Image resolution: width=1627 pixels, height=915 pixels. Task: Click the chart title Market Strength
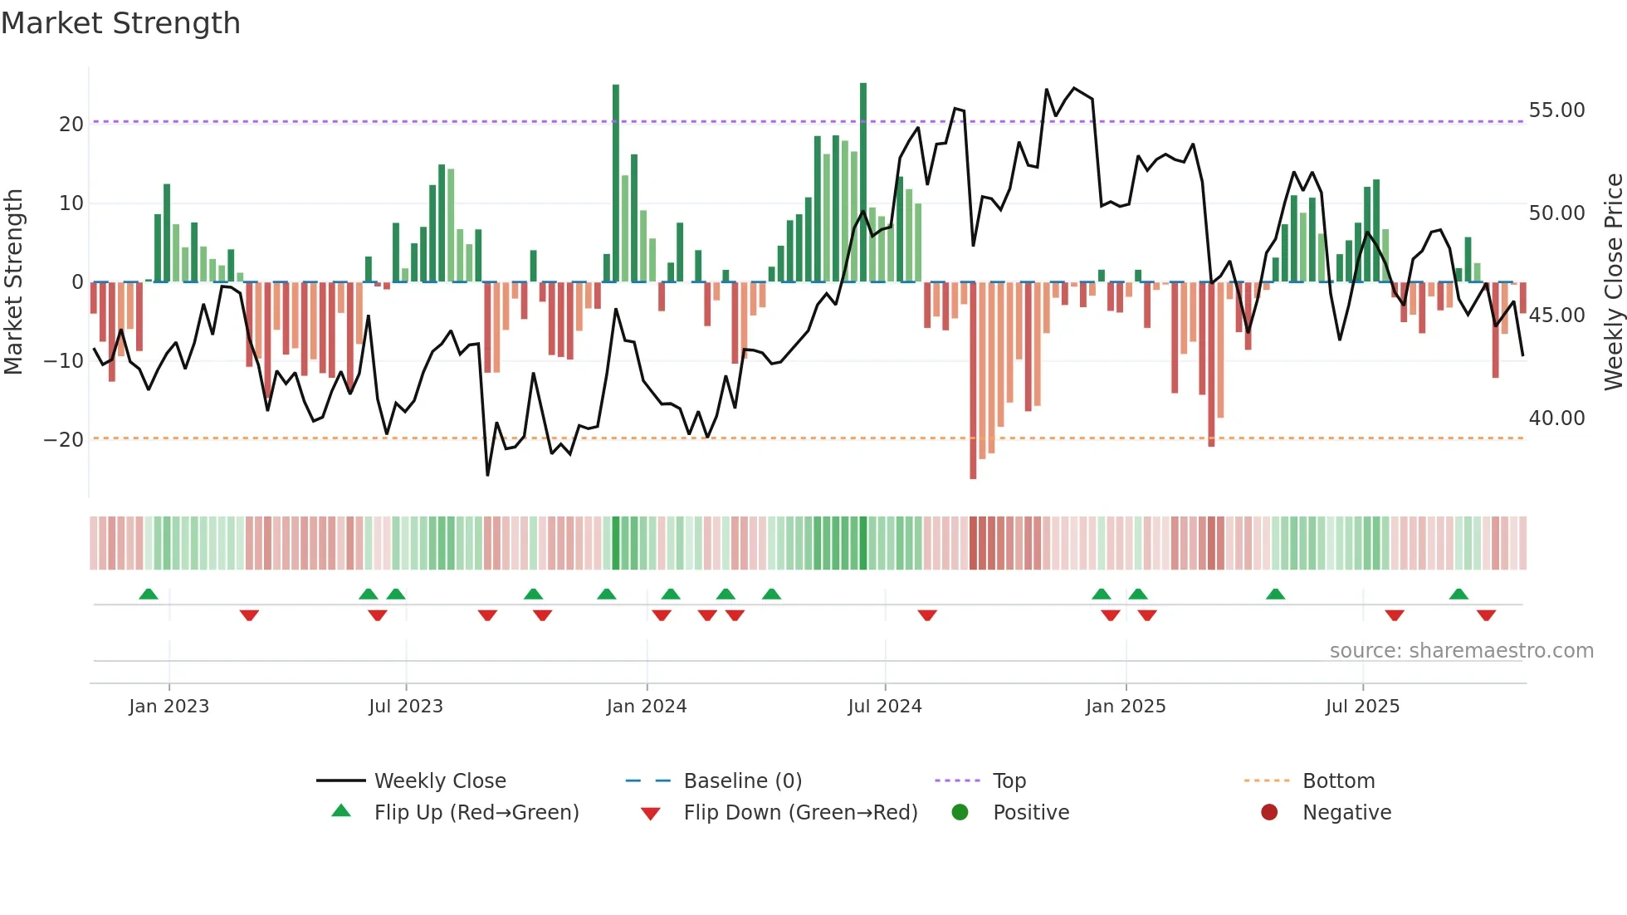coord(120,23)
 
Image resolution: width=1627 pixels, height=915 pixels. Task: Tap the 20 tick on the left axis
coord(71,125)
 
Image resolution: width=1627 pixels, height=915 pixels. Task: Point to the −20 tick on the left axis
coord(64,440)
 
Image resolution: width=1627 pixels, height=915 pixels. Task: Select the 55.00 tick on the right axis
coord(1556,110)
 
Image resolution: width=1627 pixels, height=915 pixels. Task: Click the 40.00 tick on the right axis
coord(1556,418)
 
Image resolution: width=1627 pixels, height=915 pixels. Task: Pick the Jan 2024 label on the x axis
coord(647,707)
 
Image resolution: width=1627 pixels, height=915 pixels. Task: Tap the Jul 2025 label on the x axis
coord(1362,707)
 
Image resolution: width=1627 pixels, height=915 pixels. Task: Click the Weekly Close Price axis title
coord(1613,282)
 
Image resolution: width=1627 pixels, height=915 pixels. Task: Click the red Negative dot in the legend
coord(1269,813)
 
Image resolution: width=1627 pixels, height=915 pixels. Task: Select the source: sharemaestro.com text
coord(1461,651)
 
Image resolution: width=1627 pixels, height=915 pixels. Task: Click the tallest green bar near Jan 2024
coord(616,183)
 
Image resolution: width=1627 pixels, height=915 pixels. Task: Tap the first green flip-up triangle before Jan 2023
coord(149,595)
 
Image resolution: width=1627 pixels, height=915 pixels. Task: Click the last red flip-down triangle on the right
coord(1486,615)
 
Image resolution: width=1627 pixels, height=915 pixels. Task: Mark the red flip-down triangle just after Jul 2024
coord(927,615)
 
